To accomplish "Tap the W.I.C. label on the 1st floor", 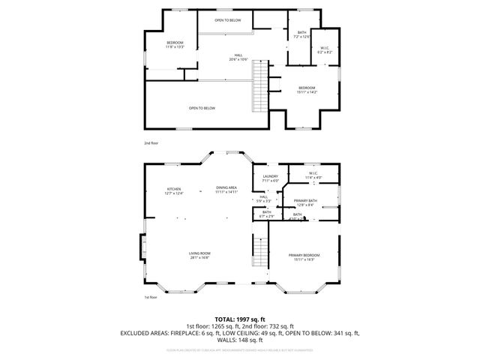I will (x=313, y=175).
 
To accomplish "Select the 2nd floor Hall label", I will (x=238, y=58).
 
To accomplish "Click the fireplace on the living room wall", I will (x=141, y=247).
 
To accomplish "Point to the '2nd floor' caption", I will (x=151, y=142).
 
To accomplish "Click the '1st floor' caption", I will (x=151, y=297).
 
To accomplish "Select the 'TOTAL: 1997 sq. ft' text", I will (x=240, y=319).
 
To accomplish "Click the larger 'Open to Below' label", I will (x=202, y=108).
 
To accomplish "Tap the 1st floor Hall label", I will (x=263, y=199).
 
